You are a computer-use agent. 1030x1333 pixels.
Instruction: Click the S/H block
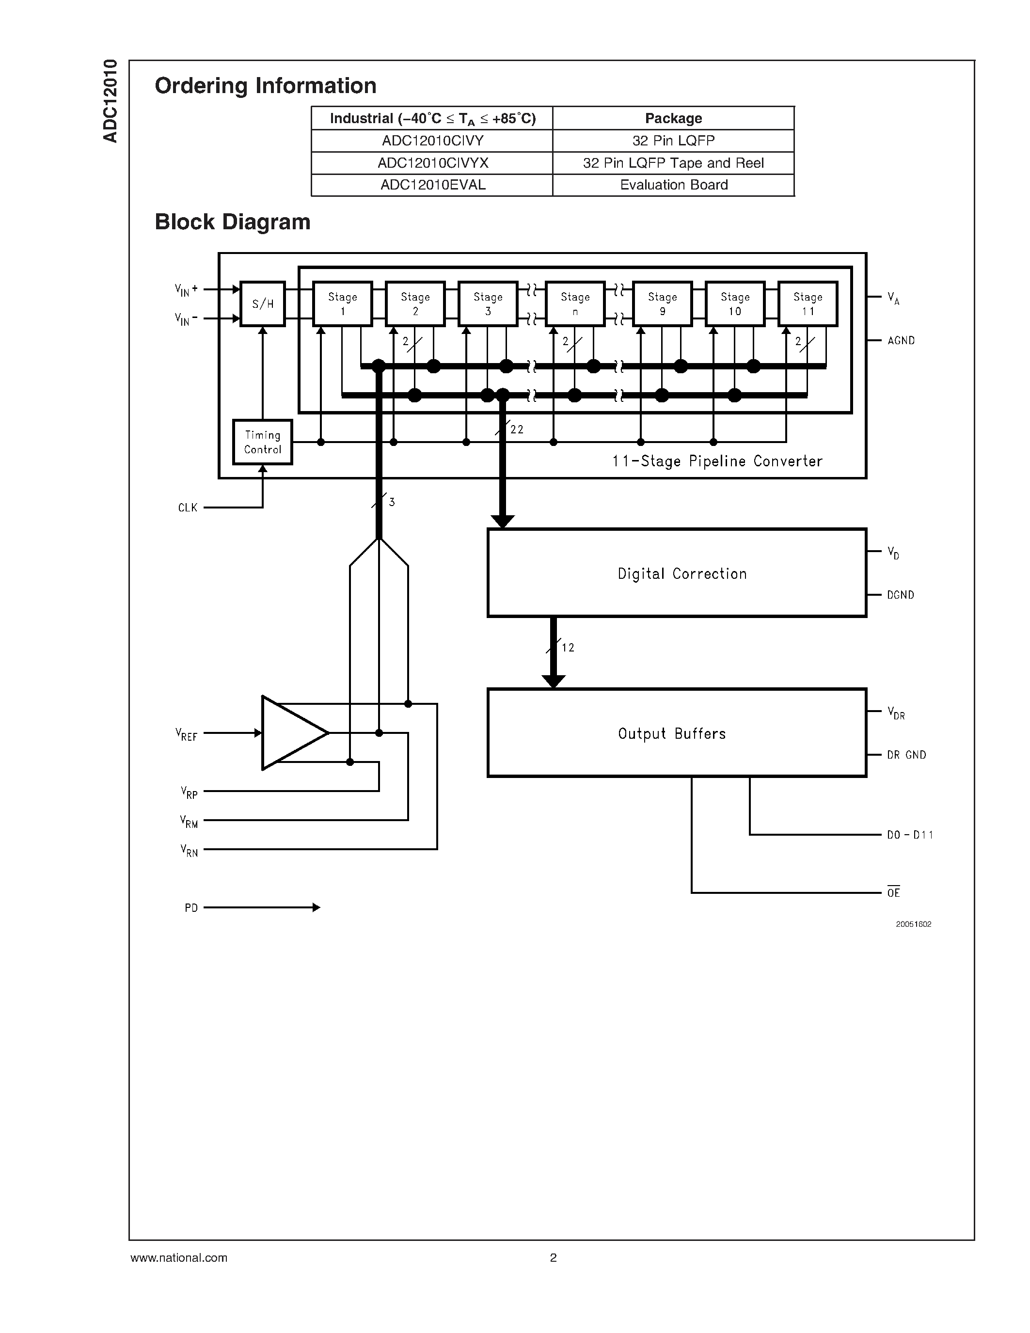point(262,304)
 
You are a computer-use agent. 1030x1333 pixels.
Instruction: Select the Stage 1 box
point(342,304)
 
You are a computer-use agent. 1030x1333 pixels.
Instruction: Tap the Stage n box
point(575,304)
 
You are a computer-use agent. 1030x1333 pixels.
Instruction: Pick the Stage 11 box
point(808,304)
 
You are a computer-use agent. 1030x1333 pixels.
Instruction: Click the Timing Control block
point(262,442)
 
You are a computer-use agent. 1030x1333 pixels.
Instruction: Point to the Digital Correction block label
point(681,574)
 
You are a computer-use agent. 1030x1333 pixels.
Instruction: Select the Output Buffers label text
point(672,734)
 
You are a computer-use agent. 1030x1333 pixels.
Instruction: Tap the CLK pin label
point(187,508)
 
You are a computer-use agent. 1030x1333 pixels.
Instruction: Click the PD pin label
point(191,907)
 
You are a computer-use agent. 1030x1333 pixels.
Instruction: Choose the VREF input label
point(186,734)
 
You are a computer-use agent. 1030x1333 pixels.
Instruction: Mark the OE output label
point(893,892)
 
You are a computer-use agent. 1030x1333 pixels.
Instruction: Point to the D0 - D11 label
point(910,835)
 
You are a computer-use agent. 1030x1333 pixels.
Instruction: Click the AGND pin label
point(901,341)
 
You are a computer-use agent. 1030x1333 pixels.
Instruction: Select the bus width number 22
point(517,429)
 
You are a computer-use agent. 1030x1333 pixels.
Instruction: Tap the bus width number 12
point(568,648)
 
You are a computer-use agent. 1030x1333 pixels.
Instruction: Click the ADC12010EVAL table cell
point(433,185)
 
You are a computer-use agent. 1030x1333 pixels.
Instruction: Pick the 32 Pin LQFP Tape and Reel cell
point(673,163)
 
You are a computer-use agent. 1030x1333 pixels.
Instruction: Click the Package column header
point(673,118)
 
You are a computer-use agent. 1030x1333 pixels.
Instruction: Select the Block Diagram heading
point(233,222)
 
